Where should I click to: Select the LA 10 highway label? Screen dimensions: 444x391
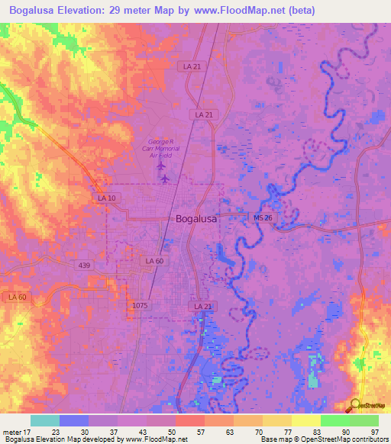[107, 198]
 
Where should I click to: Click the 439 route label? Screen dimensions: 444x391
[85, 265]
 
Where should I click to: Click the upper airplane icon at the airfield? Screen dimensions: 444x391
[161, 164]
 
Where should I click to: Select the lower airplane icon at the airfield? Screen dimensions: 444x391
[165, 179]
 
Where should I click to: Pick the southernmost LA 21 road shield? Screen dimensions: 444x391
[201, 306]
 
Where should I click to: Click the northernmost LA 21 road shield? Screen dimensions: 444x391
[192, 67]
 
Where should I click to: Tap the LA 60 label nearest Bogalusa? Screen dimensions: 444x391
[153, 261]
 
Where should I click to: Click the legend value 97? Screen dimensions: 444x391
[374, 431]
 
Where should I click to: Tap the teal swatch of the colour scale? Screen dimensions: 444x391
[44, 420]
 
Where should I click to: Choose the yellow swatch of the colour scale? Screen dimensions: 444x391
[305, 420]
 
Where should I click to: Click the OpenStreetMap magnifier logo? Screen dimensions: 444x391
[355, 406]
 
